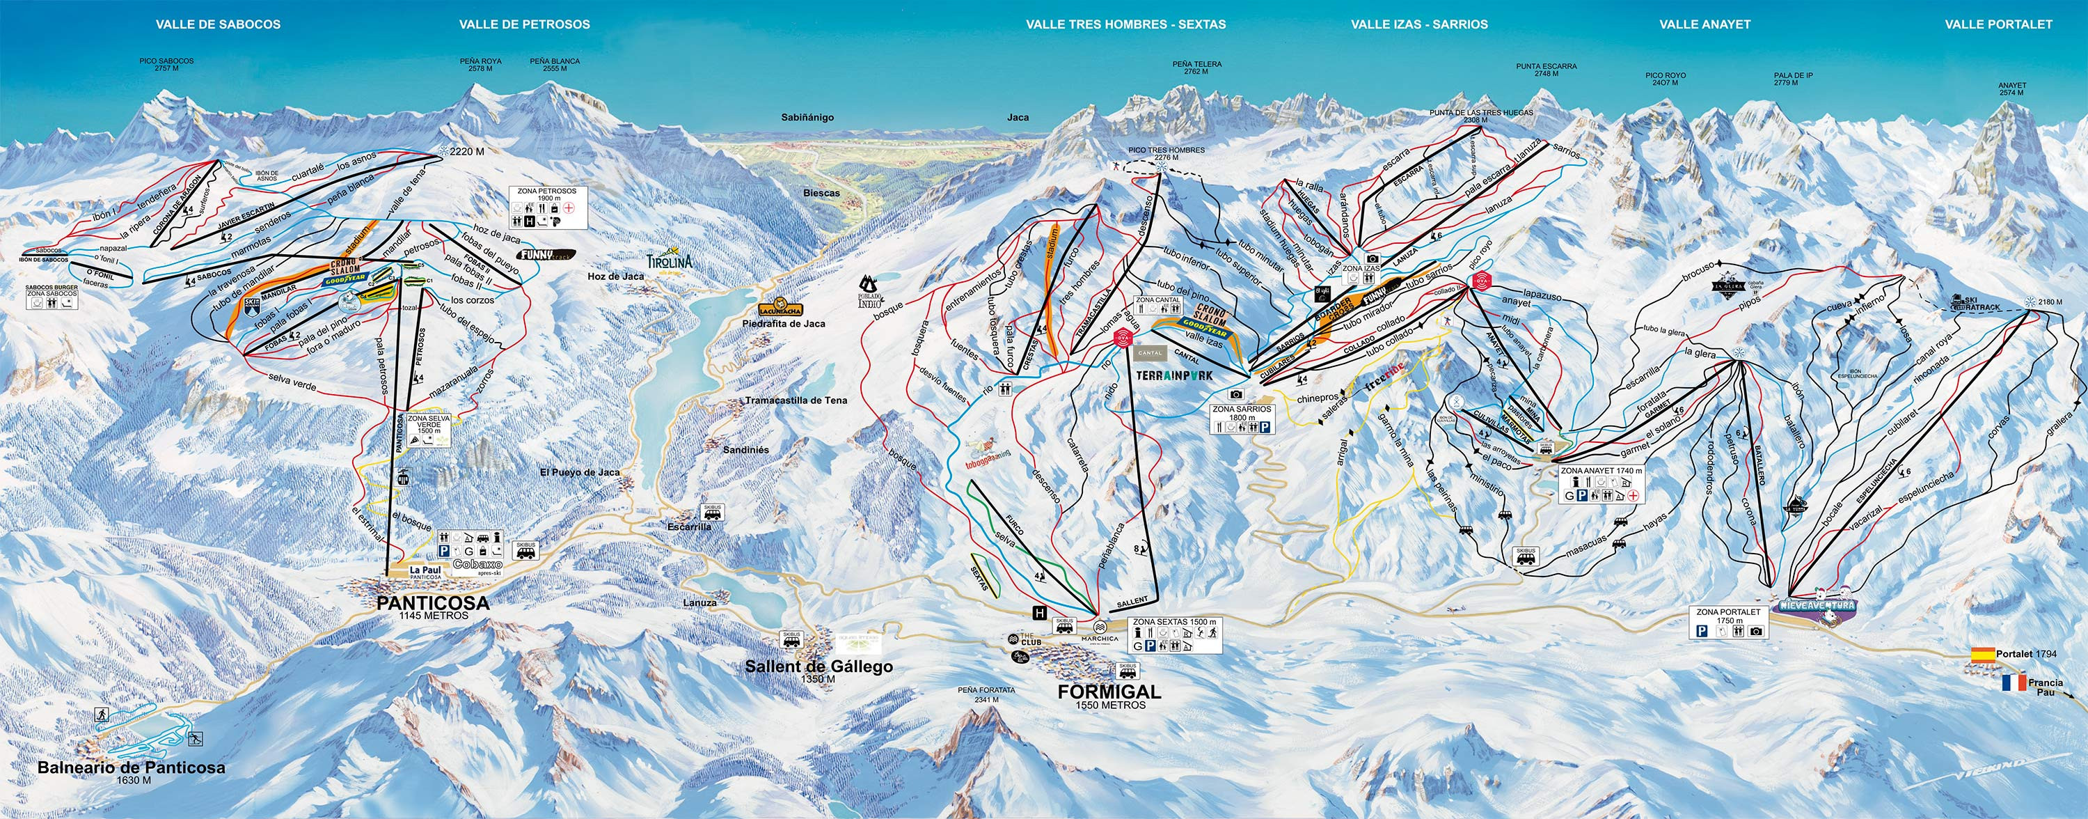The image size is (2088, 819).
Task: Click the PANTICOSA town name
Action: [433, 602]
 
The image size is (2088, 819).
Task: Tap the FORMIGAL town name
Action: [1109, 692]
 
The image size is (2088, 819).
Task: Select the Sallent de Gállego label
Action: [818, 666]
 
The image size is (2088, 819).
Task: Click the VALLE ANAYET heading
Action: [1704, 24]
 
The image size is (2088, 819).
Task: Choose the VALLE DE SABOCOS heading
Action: [218, 24]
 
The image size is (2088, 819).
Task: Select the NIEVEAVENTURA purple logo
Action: [1816, 606]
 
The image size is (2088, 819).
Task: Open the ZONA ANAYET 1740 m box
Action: [1601, 485]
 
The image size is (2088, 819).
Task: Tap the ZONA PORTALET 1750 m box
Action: [1728, 623]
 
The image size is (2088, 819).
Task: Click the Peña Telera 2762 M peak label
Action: [1196, 68]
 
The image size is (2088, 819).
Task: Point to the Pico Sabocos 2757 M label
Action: [166, 64]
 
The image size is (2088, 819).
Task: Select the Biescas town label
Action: [821, 194]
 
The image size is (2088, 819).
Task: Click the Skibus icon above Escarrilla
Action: [713, 512]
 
